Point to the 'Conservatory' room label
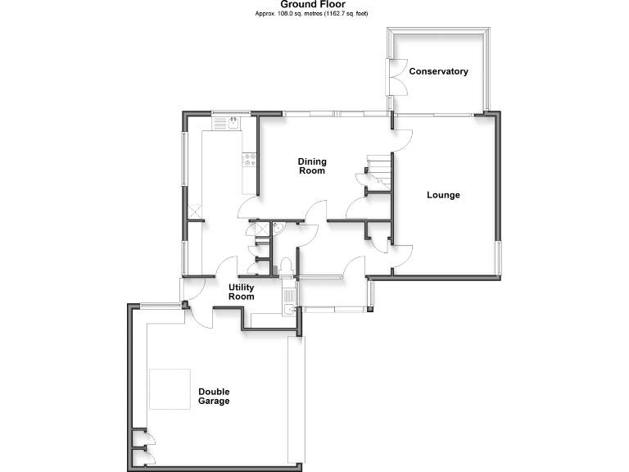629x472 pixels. (439, 71)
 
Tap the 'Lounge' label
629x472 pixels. (443, 195)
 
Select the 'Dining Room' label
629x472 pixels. (311, 166)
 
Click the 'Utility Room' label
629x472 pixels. (242, 292)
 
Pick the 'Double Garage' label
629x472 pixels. (214, 397)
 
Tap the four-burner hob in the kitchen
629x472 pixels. (249, 161)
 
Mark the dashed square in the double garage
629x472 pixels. (171, 389)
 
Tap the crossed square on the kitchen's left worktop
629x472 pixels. (195, 211)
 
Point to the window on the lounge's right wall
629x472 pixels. (499, 259)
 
